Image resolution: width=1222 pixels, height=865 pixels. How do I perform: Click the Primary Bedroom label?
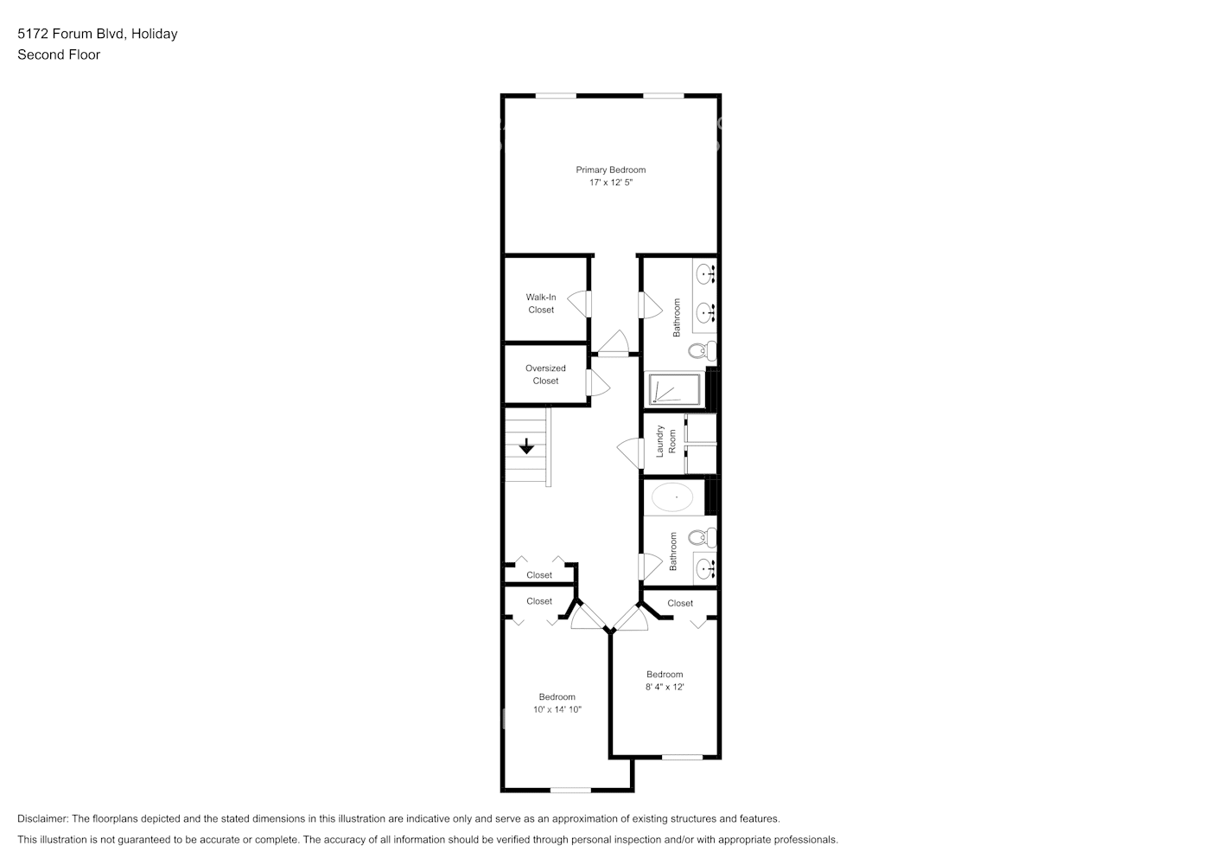click(x=610, y=170)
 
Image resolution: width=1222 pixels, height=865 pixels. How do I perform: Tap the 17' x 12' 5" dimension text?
click(x=610, y=183)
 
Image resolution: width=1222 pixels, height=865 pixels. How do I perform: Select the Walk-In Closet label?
click(x=541, y=304)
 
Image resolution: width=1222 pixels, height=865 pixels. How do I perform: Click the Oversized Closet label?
click(x=545, y=375)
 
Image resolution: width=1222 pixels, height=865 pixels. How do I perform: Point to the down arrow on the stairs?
click(x=526, y=447)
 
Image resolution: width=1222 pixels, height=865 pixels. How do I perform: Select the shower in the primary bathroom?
click(x=675, y=389)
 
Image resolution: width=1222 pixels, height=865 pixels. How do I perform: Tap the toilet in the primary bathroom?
click(x=703, y=351)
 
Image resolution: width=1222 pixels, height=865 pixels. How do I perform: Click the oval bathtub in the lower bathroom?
click(x=672, y=498)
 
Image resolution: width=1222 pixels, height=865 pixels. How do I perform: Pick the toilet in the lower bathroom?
click(x=703, y=537)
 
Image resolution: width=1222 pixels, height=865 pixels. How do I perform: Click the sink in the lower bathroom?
click(x=704, y=568)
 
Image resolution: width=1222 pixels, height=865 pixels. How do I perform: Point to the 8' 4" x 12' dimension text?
click(x=665, y=687)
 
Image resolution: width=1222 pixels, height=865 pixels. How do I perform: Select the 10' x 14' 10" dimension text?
click(x=557, y=709)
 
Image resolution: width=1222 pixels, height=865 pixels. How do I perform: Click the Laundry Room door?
click(x=631, y=452)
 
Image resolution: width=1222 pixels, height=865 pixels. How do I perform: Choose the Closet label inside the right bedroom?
click(x=680, y=603)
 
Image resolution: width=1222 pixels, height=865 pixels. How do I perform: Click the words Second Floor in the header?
click(x=59, y=54)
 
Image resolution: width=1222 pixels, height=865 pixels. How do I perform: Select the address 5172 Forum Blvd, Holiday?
click(x=98, y=34)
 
